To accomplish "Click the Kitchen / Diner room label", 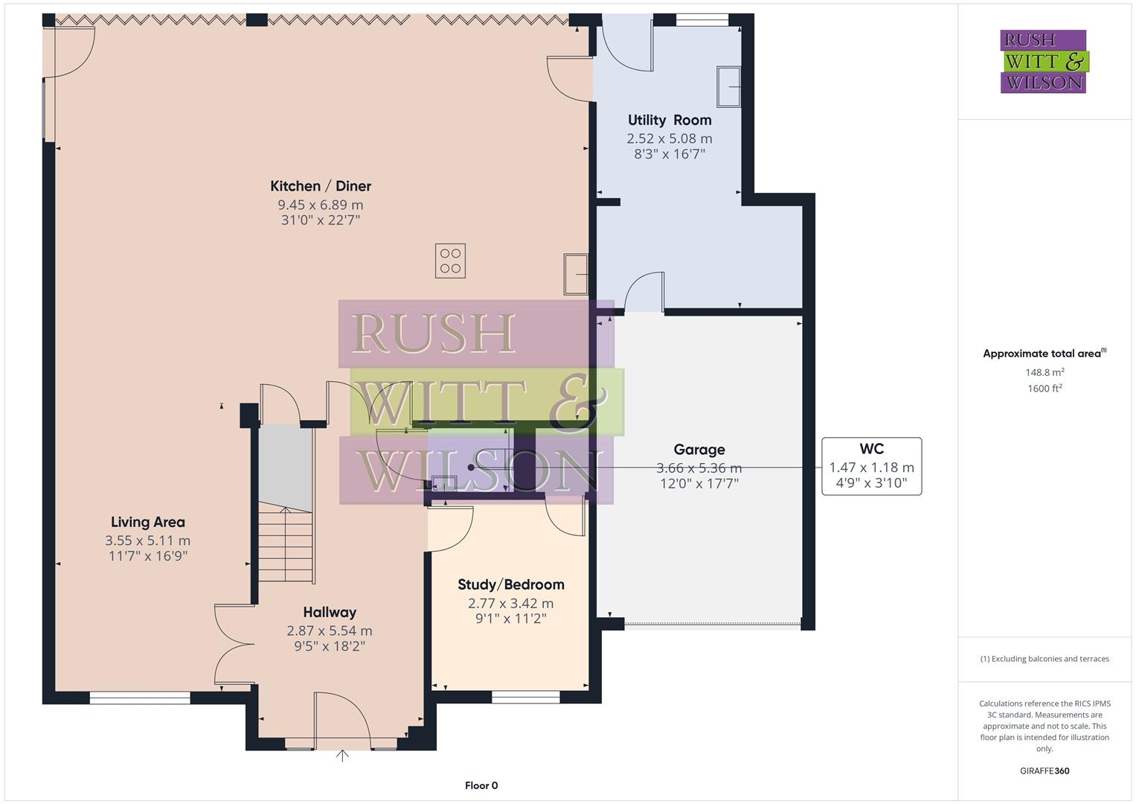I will [x=320, y=186].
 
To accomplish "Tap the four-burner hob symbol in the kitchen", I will [x=450, y=261].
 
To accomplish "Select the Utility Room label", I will [x=669, y=120].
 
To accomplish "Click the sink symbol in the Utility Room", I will [x=728, y=87].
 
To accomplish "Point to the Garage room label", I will [x=699, y=450].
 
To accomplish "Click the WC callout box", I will [x=871, y=466].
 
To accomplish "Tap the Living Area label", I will [x=147, y=523].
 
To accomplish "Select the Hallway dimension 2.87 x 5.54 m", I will [x=329, y=631].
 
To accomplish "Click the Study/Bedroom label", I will [x=510, y=585].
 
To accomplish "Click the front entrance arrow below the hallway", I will [x=342, y=756].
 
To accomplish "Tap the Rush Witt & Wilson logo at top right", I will [x=1043, y=62].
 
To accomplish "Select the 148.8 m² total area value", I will [x=1044, y=372].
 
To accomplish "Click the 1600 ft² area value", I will [x=1044, y=389].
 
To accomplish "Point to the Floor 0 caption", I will [x=481, y=785].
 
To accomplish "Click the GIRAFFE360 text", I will [x=1044, y=770].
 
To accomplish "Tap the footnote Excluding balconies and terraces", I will [x=1044, y=659].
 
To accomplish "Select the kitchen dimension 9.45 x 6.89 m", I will [x=320, y=205].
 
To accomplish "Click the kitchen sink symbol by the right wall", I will [x=576, y=274].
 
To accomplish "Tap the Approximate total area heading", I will [x=1043, y=354].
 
